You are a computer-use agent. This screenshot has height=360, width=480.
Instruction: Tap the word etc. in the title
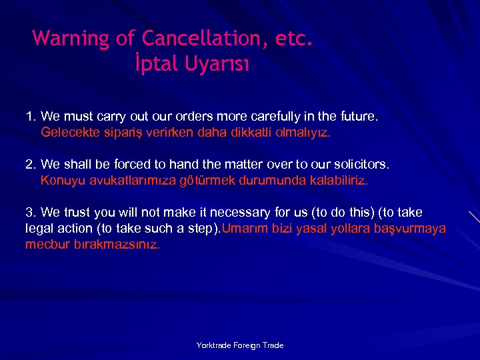294,38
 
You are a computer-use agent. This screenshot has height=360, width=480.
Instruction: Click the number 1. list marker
31,117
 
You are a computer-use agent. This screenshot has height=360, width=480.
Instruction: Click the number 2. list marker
31,164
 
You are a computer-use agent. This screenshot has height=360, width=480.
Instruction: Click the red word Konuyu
58,180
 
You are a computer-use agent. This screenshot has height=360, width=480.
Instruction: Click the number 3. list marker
31,213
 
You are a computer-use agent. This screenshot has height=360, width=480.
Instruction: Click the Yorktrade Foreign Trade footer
240,345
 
